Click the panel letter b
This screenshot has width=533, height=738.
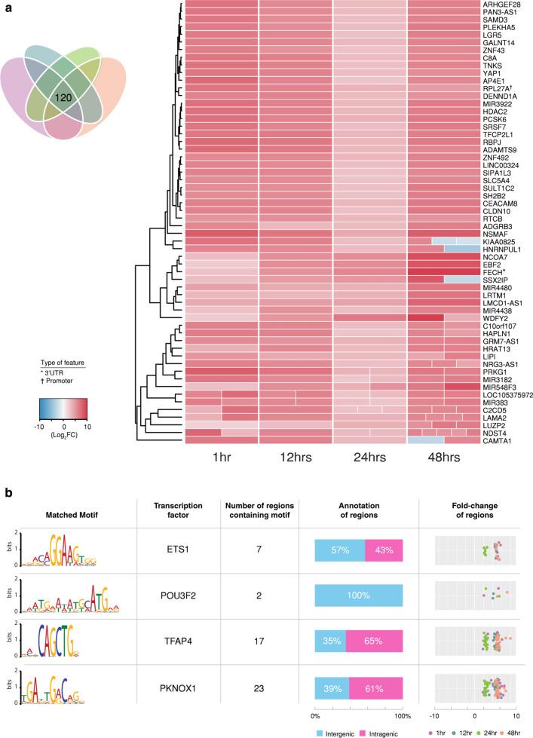click(6, 489)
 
